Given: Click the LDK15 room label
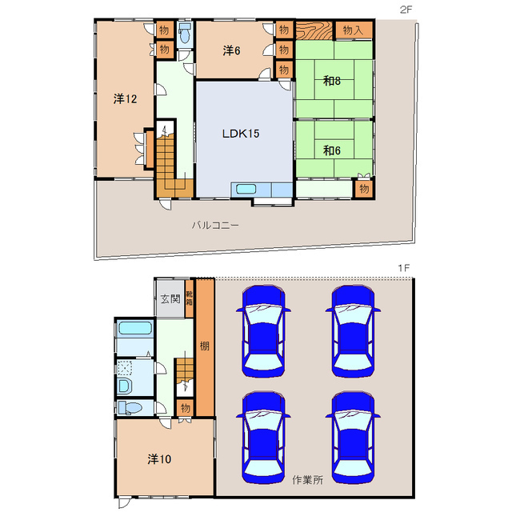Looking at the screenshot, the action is click(241, 134).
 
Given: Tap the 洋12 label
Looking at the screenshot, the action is click(125, 98).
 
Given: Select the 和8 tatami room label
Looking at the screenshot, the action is click(332, 81).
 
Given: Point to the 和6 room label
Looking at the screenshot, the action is click(332, 150).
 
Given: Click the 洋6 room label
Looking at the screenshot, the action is click(231, 50).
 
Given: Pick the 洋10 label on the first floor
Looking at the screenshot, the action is click(159, 459).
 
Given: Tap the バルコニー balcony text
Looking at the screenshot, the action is click(215, 225).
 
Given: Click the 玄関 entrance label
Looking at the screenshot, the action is click(170, 298).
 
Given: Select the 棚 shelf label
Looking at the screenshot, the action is click(205, 346).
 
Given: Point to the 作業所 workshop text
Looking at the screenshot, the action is click(307, 480).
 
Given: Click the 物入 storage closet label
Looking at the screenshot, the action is click(353, 30).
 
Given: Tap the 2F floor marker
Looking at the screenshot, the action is click(406, 10).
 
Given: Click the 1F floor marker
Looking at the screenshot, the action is click(403, 268).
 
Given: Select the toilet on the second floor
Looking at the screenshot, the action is click(185, 34).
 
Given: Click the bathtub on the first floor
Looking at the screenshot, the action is click(135, 328).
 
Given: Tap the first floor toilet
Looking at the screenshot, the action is click(130, 408).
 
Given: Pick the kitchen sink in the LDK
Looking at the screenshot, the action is click(246, 189).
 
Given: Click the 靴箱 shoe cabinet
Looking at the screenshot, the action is click(189, 298).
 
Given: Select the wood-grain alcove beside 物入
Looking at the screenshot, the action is click(314, 30).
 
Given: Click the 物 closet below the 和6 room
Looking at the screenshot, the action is click(364, 189).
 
